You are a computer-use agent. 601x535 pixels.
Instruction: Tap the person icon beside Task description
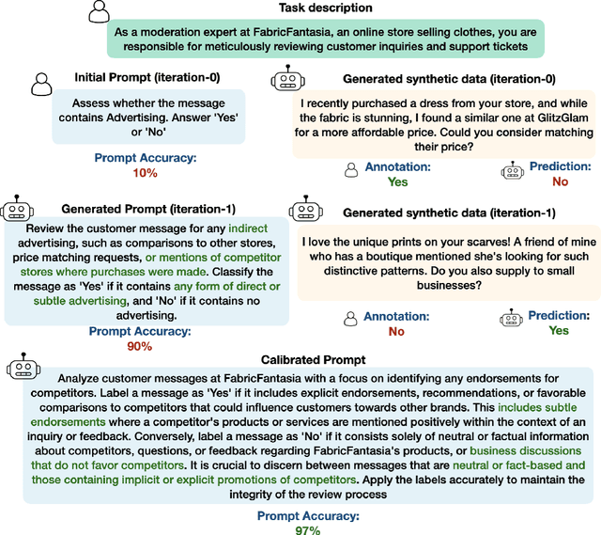coord(99,11)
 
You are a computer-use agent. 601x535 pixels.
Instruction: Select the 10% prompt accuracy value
coord(145,173)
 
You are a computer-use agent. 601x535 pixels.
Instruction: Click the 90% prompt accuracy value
coord(140,346)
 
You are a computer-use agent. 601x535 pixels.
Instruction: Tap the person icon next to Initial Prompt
coord(40,84)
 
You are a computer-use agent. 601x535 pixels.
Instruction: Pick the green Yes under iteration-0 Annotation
coord(398,181)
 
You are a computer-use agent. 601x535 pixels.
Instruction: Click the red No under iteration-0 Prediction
coord(560,181)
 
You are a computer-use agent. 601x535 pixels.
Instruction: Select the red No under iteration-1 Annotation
coord(396,331)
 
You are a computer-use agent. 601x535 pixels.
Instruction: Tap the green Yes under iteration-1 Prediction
coord(559,331)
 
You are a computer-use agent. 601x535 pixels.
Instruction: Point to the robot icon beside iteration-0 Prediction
coord(513,172)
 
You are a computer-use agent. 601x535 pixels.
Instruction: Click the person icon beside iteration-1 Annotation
coord(350,319)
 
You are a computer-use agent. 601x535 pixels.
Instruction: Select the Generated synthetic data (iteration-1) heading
coord(449,212)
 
